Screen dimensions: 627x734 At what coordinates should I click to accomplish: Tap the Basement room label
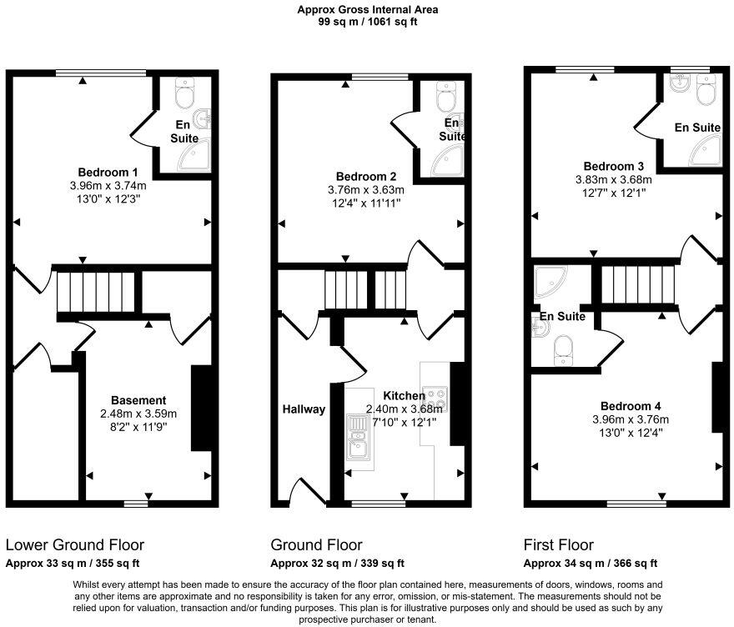coord(138,400)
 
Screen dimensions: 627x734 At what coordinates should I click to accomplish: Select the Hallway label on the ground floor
coord(303,409)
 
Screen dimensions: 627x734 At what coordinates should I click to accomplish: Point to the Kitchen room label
coord(404,395)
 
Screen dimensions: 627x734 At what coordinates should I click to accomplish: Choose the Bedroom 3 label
coord(613,165)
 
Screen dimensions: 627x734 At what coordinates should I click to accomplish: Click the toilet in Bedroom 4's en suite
coord(563,348)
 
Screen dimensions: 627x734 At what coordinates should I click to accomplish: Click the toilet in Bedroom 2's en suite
coord(447,99)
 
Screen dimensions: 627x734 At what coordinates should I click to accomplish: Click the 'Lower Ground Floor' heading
coord(75,545)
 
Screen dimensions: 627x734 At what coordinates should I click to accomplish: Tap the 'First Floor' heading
coord(558,545)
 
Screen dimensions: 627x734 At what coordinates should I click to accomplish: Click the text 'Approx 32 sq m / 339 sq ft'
coord(337,564)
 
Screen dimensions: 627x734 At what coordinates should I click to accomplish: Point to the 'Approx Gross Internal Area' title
coord(367,10)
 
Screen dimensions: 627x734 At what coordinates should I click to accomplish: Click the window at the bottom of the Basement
coord(135,503)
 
